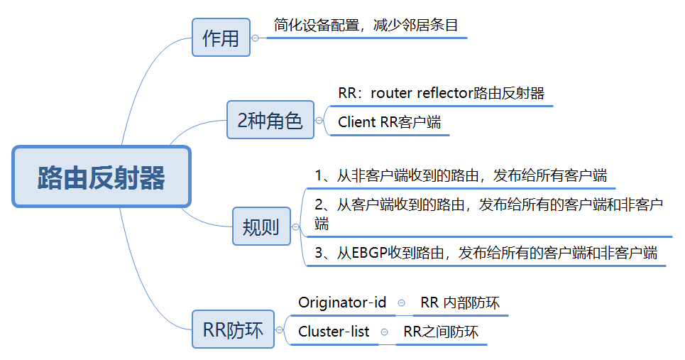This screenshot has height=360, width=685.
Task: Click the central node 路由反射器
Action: click(102, 178)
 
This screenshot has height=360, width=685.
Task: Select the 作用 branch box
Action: click(221, 37)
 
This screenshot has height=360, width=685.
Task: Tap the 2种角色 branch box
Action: click(270, 120)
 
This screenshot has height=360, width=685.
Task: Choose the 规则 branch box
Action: click(261, 227)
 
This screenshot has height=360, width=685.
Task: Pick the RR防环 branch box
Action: click(233, 329)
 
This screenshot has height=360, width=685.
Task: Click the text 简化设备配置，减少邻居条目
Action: click(366, 26)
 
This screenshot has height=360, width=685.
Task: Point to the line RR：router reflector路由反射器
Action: click(441, 93)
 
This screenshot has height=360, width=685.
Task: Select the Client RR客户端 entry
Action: click(389, 122)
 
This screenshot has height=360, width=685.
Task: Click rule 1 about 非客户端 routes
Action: click(461, 175)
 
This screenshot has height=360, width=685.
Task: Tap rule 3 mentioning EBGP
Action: click(486, 253)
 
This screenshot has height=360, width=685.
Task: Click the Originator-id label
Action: click(342, 303)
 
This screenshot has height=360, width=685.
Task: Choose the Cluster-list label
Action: click(334, 332)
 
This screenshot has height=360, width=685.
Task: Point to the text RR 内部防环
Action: click(460, 303)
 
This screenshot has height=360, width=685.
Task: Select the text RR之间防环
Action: click(441, 332)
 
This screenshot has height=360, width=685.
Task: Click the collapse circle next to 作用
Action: click(256, 38)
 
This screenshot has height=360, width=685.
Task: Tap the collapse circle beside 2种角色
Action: click(319, 121)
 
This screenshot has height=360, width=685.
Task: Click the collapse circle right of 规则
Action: click(295, 227)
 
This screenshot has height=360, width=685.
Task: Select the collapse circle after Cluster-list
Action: click(385, 332)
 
